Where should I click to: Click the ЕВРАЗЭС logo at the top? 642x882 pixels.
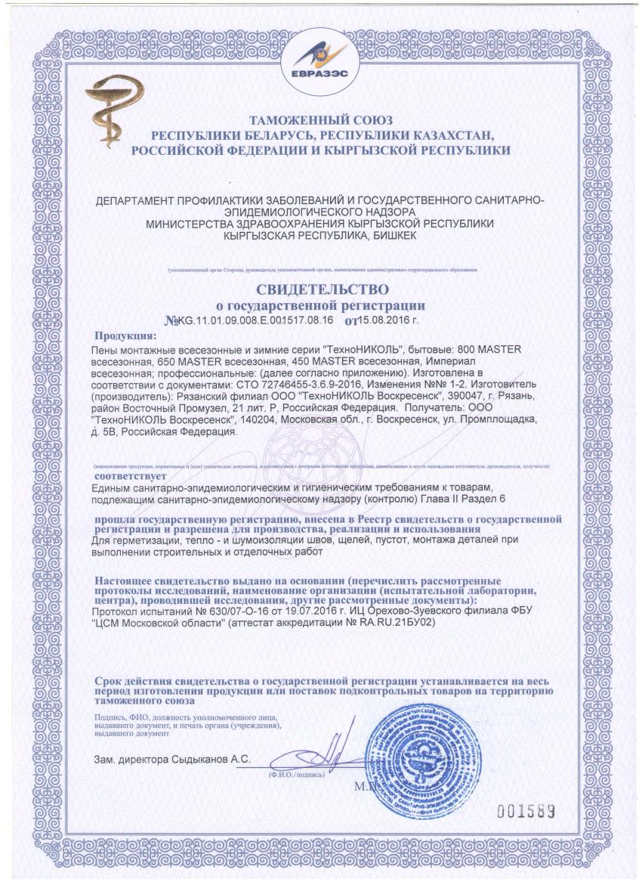point(322,57)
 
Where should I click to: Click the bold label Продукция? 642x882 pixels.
point(125,336)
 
